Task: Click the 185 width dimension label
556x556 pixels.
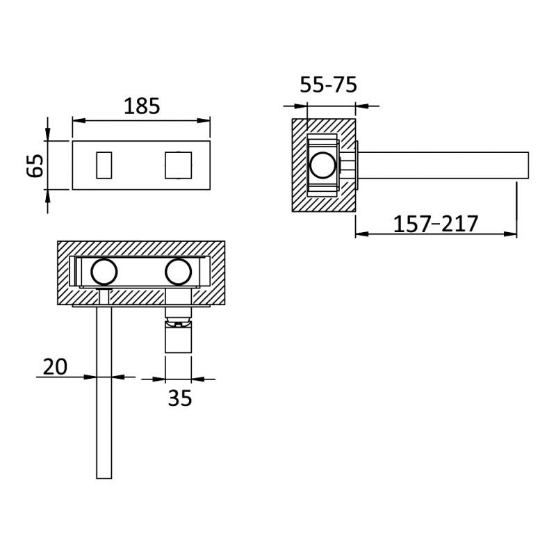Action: pos(142,106)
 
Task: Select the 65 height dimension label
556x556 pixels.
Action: pos(35,165)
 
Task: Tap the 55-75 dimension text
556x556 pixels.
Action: pos(328,85)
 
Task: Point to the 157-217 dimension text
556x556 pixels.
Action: pos(436,224)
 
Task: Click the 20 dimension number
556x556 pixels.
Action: pos(55,367)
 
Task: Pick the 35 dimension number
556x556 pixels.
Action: pos(180,398)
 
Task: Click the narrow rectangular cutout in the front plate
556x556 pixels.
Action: pos(104,165)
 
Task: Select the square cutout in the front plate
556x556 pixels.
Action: pos(179,165)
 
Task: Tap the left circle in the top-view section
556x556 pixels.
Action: pos(104,272)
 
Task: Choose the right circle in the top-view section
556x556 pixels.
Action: pos(179,272)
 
